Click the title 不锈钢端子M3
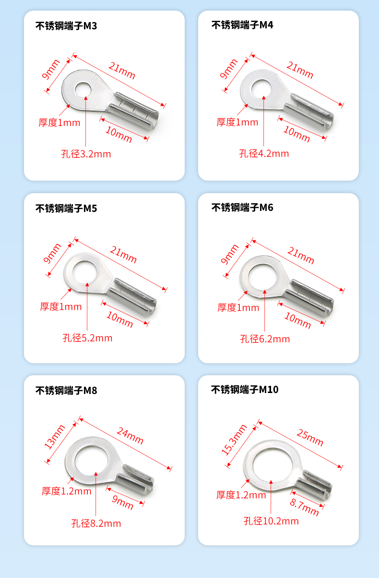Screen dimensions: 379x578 point(66,26)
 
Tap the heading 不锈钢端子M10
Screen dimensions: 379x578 point(245,389)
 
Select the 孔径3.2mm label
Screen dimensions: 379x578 point(86,154)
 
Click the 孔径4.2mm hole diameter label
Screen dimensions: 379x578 point(264,154)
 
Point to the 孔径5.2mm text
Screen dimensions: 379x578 point(87,338)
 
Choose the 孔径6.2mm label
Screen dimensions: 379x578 point(265,339)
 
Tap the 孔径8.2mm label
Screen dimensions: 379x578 point(96,524)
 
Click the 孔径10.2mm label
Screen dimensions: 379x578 point(272,521)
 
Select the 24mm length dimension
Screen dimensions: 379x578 point(130,436)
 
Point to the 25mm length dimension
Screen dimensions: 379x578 point(310,438)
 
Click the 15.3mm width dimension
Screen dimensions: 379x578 point(234,440)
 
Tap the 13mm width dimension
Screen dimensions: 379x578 point(55,437)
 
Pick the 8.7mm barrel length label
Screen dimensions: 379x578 point(304,507)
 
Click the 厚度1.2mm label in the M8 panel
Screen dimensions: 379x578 point(67,491)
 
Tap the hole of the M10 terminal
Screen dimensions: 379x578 point(273,464)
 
